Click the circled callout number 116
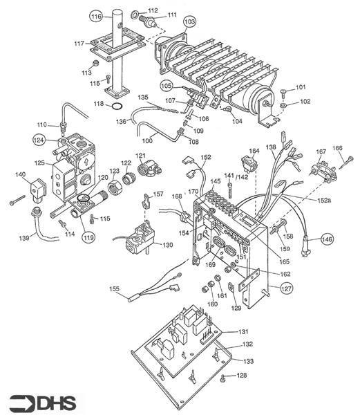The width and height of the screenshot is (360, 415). pyautogui.click(x=96, y=16)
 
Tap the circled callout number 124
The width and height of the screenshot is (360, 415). pyautogui.click(x=40, y=140)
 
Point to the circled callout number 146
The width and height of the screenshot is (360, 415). pyautogui.click(x=326, y=239)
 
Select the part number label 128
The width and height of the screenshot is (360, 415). pyautogui.click(x=242, y=376)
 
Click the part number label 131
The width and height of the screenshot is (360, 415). pyautogui.click(x=243, y=332)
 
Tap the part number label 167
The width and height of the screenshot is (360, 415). pyautogui.click(x=321, y=151)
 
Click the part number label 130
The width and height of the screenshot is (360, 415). pyautogui.click(x=168, y=245)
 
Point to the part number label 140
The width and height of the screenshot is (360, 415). pyautogui.click(x=21, y=175)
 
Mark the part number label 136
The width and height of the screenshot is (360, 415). pyautogui.click(x=121, y=122)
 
